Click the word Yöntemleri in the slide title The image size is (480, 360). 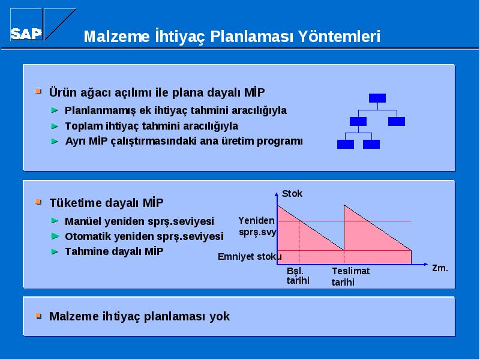339,37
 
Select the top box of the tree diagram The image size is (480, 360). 377,98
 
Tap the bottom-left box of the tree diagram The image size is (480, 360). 346,144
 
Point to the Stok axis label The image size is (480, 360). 292,193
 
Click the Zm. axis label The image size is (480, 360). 440,268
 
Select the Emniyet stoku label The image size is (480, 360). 250,257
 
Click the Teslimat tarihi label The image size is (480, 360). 350,276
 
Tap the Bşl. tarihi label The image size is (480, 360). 298,275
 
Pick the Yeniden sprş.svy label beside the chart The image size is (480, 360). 257,226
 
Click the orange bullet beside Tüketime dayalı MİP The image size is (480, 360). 38,202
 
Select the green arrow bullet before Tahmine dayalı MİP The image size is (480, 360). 55,251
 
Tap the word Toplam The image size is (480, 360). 84,127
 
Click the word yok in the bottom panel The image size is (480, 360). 220,316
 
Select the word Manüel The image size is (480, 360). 83,221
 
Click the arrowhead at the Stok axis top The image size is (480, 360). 277,194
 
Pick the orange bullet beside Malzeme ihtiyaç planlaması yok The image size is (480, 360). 38,316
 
